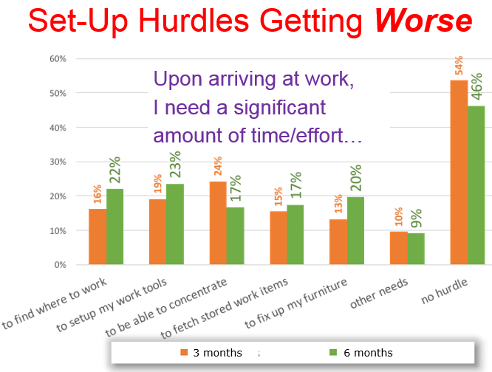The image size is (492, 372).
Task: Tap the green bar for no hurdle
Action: (476, 185)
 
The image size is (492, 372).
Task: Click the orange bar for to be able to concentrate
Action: (218, 222)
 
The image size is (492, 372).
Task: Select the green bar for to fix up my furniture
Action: (356, 230)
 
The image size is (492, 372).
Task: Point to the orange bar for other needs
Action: (399, 248)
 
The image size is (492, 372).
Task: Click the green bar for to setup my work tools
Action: (175, 224)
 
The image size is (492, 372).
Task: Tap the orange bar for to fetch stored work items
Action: (278, 238)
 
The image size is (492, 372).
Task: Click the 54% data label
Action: (459, 66)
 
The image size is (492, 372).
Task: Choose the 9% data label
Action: (417, 218)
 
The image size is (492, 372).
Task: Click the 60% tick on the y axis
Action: (58, 59)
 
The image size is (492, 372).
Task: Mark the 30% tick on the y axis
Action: (58, 162)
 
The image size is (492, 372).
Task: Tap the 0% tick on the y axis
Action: (61, 264)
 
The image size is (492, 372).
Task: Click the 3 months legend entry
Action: (211, 352)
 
